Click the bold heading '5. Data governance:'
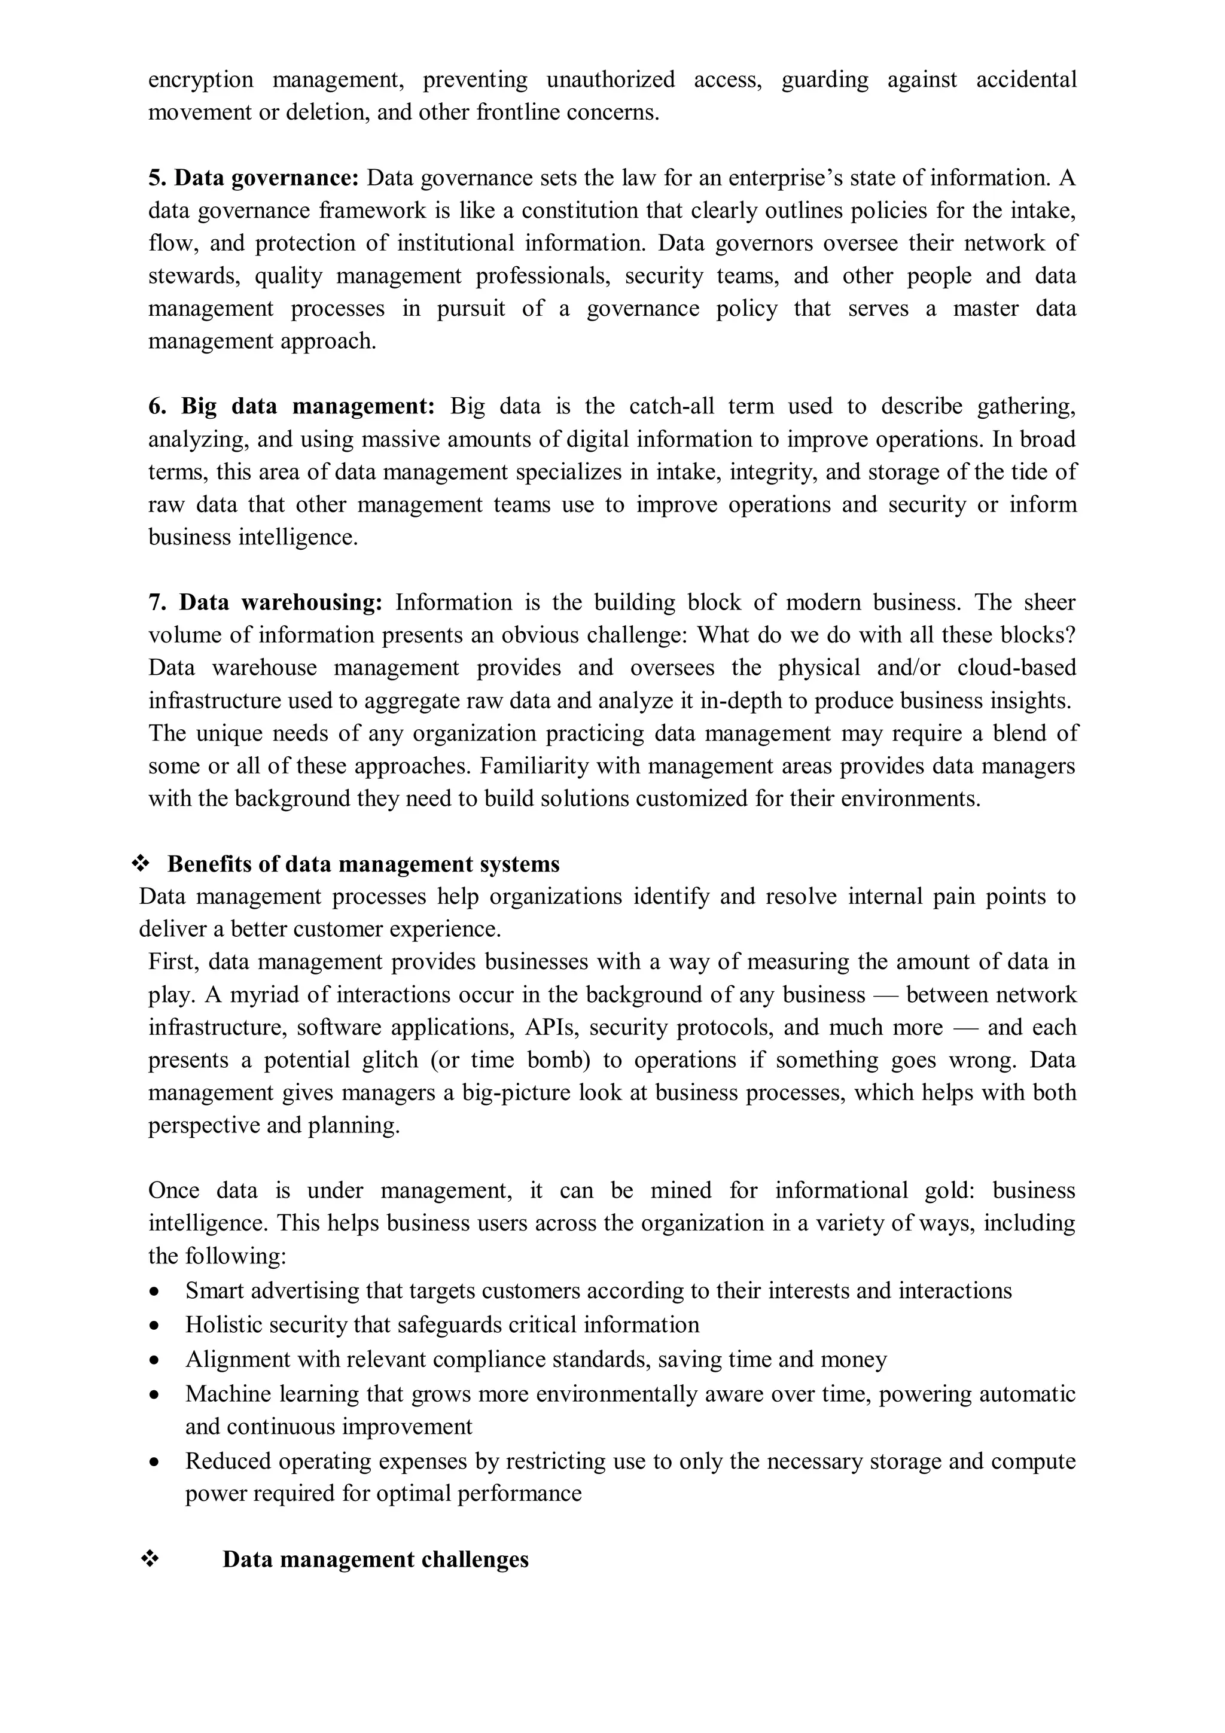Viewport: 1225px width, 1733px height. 253,178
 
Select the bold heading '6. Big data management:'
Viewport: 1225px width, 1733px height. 291,407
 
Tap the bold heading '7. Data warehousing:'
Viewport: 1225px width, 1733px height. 266,602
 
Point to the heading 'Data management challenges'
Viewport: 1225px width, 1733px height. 375,1559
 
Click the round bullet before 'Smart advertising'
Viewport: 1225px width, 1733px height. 155,1292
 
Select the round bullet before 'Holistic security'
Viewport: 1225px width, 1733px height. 155,1326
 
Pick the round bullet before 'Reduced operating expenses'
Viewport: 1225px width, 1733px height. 155,1463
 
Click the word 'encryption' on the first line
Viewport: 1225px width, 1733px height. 200,80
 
